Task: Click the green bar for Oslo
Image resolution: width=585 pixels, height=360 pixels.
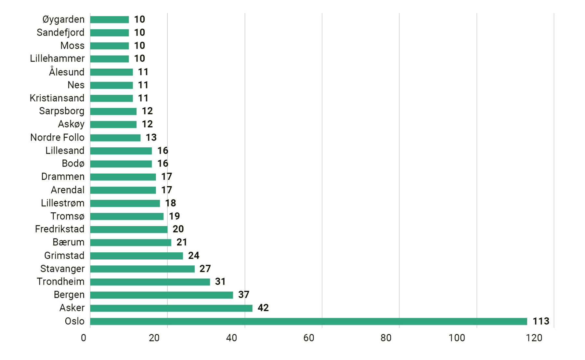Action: [x=308, y=321]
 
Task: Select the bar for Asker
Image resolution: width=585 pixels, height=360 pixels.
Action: [x=171, y=308]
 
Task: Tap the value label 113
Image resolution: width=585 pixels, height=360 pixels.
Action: [x=540, y=321]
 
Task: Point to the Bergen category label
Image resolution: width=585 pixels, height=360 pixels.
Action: [x=69, y=295]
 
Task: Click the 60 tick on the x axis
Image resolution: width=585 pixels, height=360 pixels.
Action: [x=308, y=338]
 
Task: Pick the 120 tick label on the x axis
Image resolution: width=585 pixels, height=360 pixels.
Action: [x=534, y=338]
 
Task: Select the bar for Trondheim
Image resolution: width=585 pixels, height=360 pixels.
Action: [x=150, y=282]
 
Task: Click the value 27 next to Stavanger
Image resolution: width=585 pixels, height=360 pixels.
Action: [x=205, y=269]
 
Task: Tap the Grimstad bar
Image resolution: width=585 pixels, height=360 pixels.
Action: [x=136, y=256]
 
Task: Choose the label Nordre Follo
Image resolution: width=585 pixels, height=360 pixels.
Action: [x=57, y=137]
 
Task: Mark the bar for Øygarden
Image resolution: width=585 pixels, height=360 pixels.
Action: [x=109, y=20]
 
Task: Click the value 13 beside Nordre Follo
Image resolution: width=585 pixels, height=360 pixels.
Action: [x=151, y=137]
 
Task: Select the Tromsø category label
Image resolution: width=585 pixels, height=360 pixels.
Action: [x=67, y=216]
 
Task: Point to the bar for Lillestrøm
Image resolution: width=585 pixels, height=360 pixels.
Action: [x=125, y=203]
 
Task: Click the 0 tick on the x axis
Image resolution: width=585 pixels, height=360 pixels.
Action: [x=84, y=338]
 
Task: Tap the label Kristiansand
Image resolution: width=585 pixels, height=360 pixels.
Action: [x=57, y=98]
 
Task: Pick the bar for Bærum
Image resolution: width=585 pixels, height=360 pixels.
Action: [x=130, y=242]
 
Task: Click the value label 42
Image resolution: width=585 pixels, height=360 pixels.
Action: [x=263, y=308]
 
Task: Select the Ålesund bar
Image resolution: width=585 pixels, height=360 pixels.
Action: [x=111, y=72]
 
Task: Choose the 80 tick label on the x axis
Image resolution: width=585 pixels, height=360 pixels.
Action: [x=386, y=338]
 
